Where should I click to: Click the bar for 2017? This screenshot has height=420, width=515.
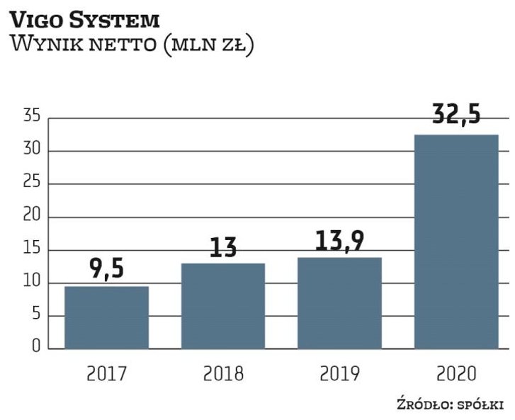click(x=106, y=318)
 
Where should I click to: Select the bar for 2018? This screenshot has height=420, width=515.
click(x=222, y=306)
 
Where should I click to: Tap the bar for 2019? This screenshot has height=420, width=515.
click(x=339, y=303)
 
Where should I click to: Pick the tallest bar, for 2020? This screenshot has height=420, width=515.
click(x=455, y=242)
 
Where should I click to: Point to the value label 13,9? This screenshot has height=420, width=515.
click(x=339, y=242)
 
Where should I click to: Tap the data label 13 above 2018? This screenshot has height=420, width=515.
click(x=222, y=248)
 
